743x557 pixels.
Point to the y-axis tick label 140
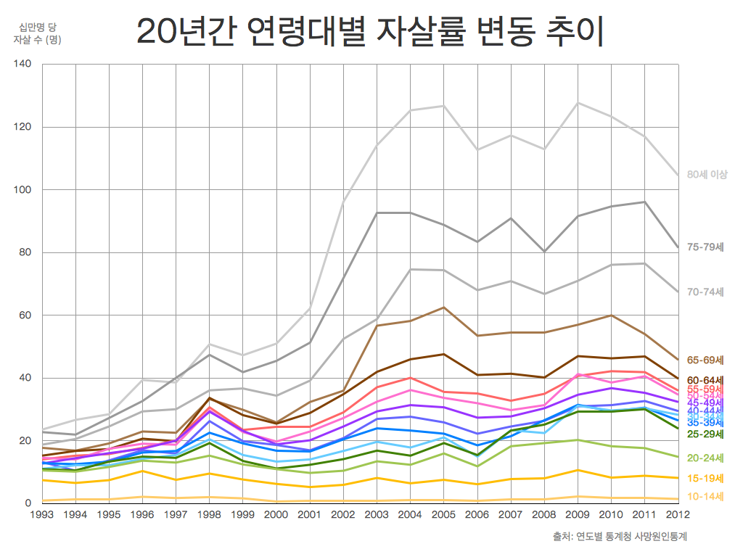pyautogui.click(x=22, y=65)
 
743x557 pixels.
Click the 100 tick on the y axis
pyautogui.click(x=22, y=190)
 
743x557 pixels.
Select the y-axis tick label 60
pyautogui.click(x=25, y=315)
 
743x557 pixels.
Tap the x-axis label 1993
pyautogui.click(x=43, y=515)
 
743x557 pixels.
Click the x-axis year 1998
pyautogui.click(x=210, y=515)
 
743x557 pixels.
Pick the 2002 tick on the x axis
pyautogui.click(x=343, y=515)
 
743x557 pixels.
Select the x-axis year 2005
pyautogui.click(x=443, y=515)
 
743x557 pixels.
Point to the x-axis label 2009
pyautogui.click(x=578, y=515)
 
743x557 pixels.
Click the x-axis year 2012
pyautogui.click(x=678, y=515)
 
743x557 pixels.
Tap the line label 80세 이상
pyautogui.click(x=707, y=175)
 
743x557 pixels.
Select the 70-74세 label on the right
pyautogui.click(x=705, y=292)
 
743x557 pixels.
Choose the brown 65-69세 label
pyautogui.click(x=705, y=360)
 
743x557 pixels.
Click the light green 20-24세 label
pyautogui.click(x=705, y=458)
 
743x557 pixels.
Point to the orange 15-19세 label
pyautogui.click(x=705, y=478)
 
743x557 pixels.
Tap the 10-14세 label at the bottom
pyautogui.click(x=705, y=497)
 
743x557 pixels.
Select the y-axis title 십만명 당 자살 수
pyautogui.click(x=36, y=34)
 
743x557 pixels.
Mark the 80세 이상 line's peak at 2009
pyautogui.click(x=578, y=103)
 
